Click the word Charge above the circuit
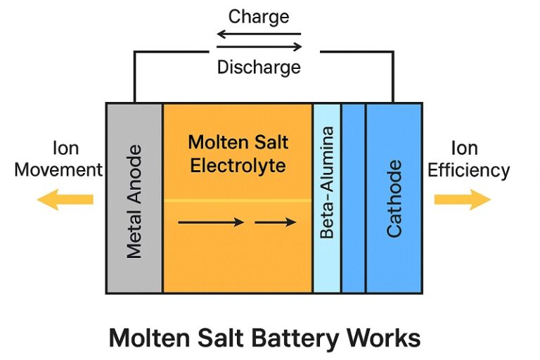click(259, 16)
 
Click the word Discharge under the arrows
click(259, 67)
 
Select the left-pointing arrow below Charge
click(258, 34)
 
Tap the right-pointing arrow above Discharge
click(259, 48)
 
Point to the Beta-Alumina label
click(326, 183)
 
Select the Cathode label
click(394, 198)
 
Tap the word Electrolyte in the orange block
click(238, 167)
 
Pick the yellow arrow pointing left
click(65, 200)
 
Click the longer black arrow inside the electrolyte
click(211, 222)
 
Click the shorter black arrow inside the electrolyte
click(275, 222)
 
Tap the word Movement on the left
click(58, 170)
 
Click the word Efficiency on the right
click(468, 170)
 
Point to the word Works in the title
click(384, 338)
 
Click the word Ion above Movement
click(65, 148)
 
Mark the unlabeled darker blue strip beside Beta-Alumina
click(353, 198)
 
